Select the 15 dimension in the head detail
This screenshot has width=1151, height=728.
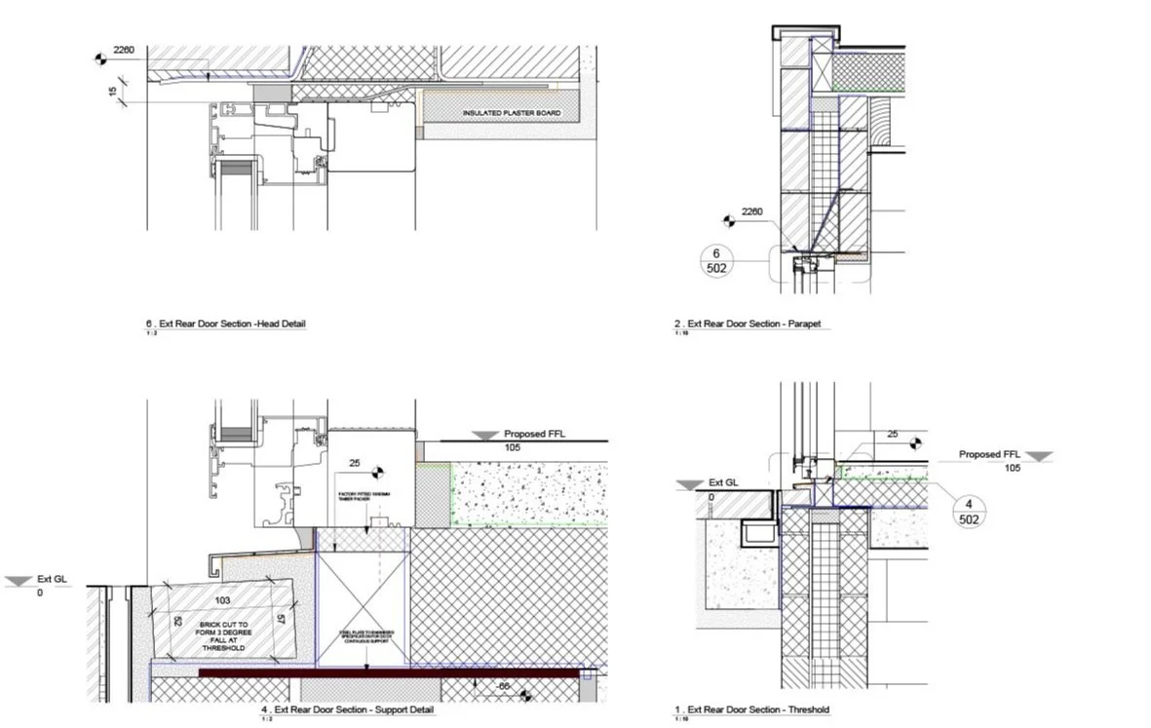click(x=113, y=93)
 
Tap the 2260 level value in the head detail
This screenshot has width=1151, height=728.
click(x=124, y=49)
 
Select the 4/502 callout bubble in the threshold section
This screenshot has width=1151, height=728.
click(x=969, y=512)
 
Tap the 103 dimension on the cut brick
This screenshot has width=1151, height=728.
click(x=222, y=600)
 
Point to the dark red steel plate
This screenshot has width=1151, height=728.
click(x=390, y=672)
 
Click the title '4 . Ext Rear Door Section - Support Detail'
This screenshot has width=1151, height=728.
click(x=348, y=709)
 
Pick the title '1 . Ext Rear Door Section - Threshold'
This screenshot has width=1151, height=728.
click(x=753, y=709)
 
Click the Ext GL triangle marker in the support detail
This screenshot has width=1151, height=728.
click(x=19, y=581)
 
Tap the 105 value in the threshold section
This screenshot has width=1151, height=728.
click(x=1013, y=468)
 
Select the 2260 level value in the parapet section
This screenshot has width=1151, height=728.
click(x=753, y=211)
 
